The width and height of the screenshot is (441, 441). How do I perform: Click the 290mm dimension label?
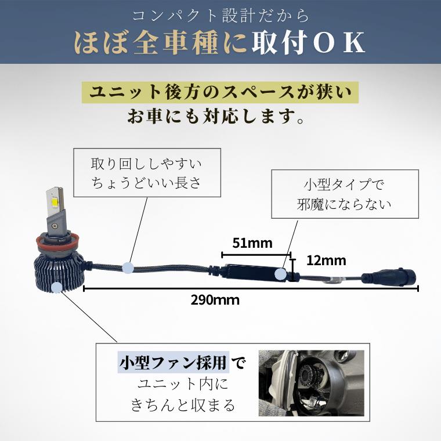point(215,301)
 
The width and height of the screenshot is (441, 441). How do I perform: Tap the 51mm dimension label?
point(252,243)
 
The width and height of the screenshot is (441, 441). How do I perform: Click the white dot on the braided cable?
point(128,267)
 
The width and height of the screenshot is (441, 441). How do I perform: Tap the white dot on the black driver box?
point(283,272)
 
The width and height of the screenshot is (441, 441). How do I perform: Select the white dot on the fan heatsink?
point(57,287)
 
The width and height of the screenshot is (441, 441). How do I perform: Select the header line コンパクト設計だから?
point(220,15)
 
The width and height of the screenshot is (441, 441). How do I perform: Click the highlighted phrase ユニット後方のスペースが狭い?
point(220,92)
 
